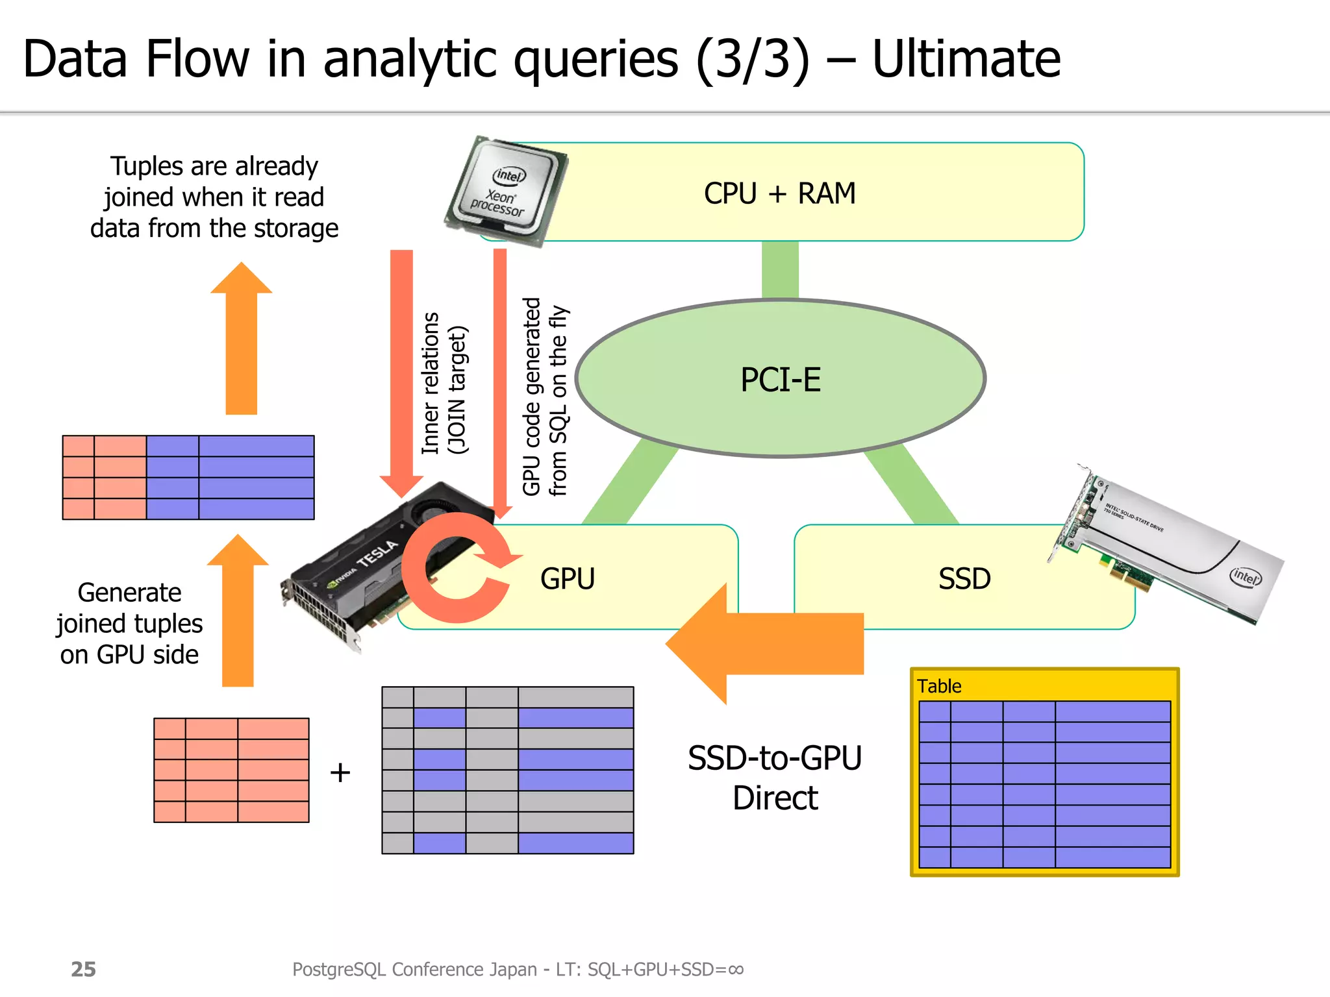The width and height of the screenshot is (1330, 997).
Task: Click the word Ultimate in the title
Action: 966,60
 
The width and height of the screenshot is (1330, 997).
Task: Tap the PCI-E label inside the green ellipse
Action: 781,380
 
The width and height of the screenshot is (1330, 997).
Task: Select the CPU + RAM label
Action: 779,193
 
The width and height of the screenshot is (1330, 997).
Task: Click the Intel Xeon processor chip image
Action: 505,190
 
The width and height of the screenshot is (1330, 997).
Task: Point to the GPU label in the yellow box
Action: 567,578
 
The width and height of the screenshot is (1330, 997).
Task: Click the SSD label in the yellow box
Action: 964,578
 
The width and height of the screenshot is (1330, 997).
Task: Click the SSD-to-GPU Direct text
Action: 775,778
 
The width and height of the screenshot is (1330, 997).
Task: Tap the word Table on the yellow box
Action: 938,686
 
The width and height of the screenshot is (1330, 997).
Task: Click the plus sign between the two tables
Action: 340,772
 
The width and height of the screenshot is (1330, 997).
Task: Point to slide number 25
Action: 83,969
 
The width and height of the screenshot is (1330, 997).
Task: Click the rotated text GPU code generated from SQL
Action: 544,396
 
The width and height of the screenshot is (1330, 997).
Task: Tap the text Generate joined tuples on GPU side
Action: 129,623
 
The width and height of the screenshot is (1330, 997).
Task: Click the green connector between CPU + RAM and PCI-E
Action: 780,269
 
